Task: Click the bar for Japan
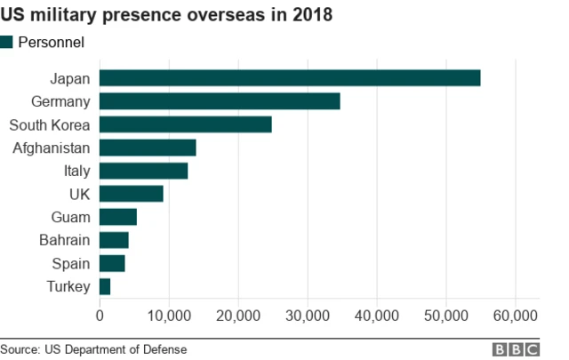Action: pyautogui.click(x=290, y=78)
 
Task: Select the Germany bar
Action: pyautogui.click(x=220, y=101)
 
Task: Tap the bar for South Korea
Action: pyautogui.click(x=185, y=124)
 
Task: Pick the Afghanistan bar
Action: pyautogui.click(x=148, y=148)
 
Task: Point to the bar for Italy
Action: pyautogui.click(x=143, y=171)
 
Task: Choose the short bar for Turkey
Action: pyautogui.click(x=105, y=286)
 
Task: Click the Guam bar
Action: pyautogui.click(x=118, y=217)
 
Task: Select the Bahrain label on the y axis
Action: pyautogui.click(x=65, y=240)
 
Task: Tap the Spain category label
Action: pyautogui.click(x=71, y=263)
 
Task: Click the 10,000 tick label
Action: pyautogui.click(x=169, y=316)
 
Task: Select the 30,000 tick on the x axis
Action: pyautogui.click(x=308, y=316)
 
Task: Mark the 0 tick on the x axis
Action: pyautogui.click(x=100, y=316)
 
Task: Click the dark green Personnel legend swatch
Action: pyautogui.click(x=7, y=42)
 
